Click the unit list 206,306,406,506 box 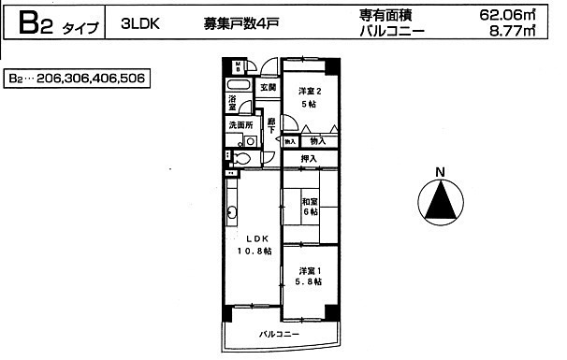[x=76, y=79]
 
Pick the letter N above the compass [x=439, y=171]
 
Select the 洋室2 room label [x=310, y=96]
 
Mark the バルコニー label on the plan [x=279, y=334]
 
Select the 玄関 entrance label [x=268, y=87]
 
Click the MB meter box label [x=239, y=66]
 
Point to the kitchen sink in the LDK [x=232, y=211]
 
